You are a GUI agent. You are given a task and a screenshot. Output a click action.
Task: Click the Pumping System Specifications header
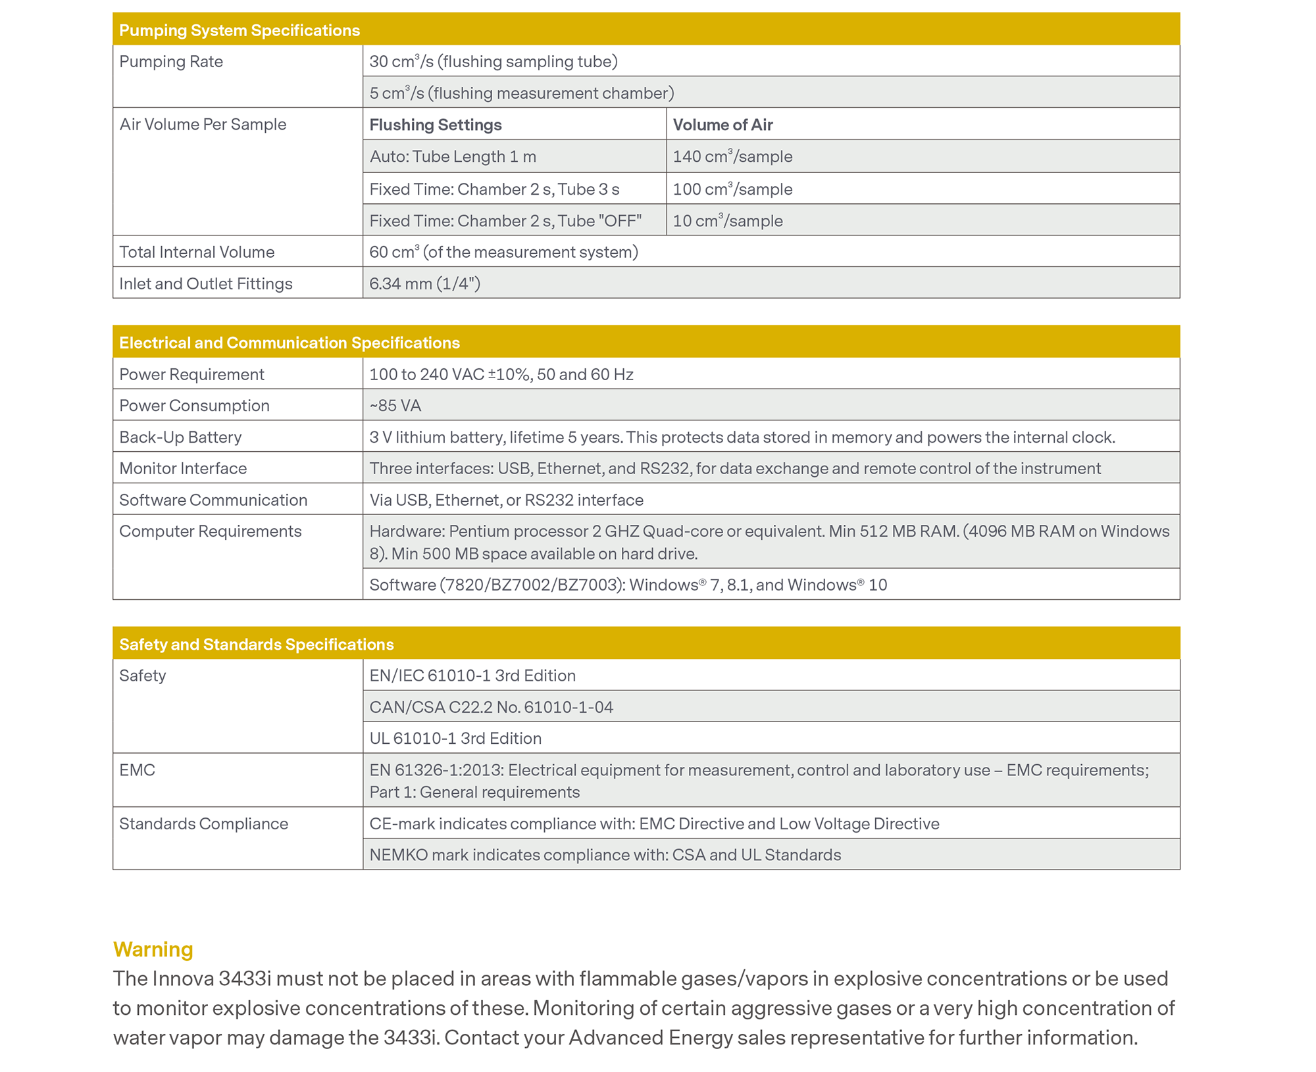pyautogui.click(x=240, y=30)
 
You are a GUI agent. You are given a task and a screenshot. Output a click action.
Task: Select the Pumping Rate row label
pyautogui.click(x=171, y=62)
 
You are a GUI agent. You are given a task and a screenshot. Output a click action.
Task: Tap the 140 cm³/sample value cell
pyautogui.click(x=732, y=157)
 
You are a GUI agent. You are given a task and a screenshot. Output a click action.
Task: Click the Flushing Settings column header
pyautogui.click(x=436, y=125)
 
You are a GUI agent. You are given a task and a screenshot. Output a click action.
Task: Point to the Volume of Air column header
pyautogui.click(x=722, y=125)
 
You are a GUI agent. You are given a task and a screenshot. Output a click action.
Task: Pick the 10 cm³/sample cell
pyautogui.click(x=728, y=221)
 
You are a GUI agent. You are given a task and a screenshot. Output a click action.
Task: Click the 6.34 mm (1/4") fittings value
pyautogui.click(x=425, y=283)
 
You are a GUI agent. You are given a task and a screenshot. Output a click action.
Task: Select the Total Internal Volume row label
pyautogui.click(x=197, y=252)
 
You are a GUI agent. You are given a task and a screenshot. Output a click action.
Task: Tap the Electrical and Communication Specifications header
pyautogui.click(x=290, y=343)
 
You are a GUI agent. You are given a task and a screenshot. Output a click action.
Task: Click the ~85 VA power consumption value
pyautogui.click(x=395, y=406)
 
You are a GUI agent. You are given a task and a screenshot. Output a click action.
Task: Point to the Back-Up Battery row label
pyautogui.click(x=180, y=437)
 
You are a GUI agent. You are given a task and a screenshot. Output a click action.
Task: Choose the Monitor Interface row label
pyautogui.click(x=183, y=468)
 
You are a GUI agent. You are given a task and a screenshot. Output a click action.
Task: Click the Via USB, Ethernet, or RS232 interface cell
pyautogui.click(x=506, y=500)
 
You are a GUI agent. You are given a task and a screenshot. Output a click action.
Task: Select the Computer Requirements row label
pyautogui.click(x=210, y=531)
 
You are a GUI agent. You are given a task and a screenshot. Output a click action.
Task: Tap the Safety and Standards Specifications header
pyautogui.click(x=257, y=645)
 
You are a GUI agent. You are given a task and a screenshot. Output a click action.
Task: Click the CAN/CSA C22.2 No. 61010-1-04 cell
pyautogui.click(x=491, y=707)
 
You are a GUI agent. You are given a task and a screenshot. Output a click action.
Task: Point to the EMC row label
pyautogui.click(x=137, y=770)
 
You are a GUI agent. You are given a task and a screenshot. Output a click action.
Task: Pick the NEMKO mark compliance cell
pyautogui.click(x=605, y=855)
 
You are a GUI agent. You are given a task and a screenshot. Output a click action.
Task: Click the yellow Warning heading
pyautogui.click(x=153, y=950)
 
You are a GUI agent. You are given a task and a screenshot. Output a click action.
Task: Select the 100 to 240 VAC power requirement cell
pyautogui.click(x=501, y=374)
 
